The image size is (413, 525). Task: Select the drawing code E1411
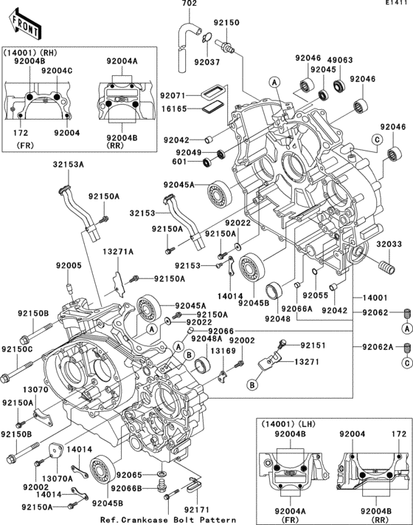pyautogui.click(x=397, y=4)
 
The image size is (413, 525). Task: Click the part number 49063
pyautogui.click(x=338, y=58)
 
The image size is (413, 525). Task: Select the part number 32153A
pyautogui.click(x=68, y=165)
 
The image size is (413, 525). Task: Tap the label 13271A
pyautogui.click(x=118, y=252)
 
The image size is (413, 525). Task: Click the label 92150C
pyautogui.click(x=16, y=349)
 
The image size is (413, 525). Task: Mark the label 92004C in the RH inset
pyautogui.click(x=56, y=70)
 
